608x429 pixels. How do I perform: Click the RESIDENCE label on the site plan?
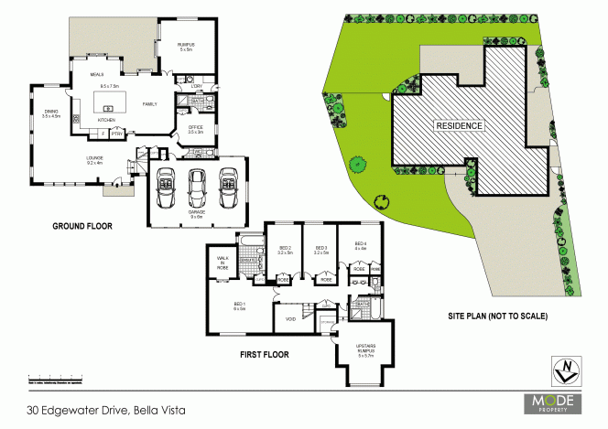click(x=459, y=124)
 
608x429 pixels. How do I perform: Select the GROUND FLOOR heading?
click(x=81, y=226)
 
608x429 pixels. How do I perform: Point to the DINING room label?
click(x=50, y=113)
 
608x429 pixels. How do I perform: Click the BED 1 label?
click(x=240, y=305)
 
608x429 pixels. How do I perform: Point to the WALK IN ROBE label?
click(x=223, y=263)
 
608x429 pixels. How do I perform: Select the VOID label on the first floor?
click(x=290, y=319)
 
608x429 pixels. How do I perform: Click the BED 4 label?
click(x=359, y=245)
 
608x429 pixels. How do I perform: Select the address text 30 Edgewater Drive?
click(x=106, y=411)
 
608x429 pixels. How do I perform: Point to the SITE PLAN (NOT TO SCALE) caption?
click(x=497, y=316)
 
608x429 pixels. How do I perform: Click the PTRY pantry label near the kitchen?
click(x=117, y=134)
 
